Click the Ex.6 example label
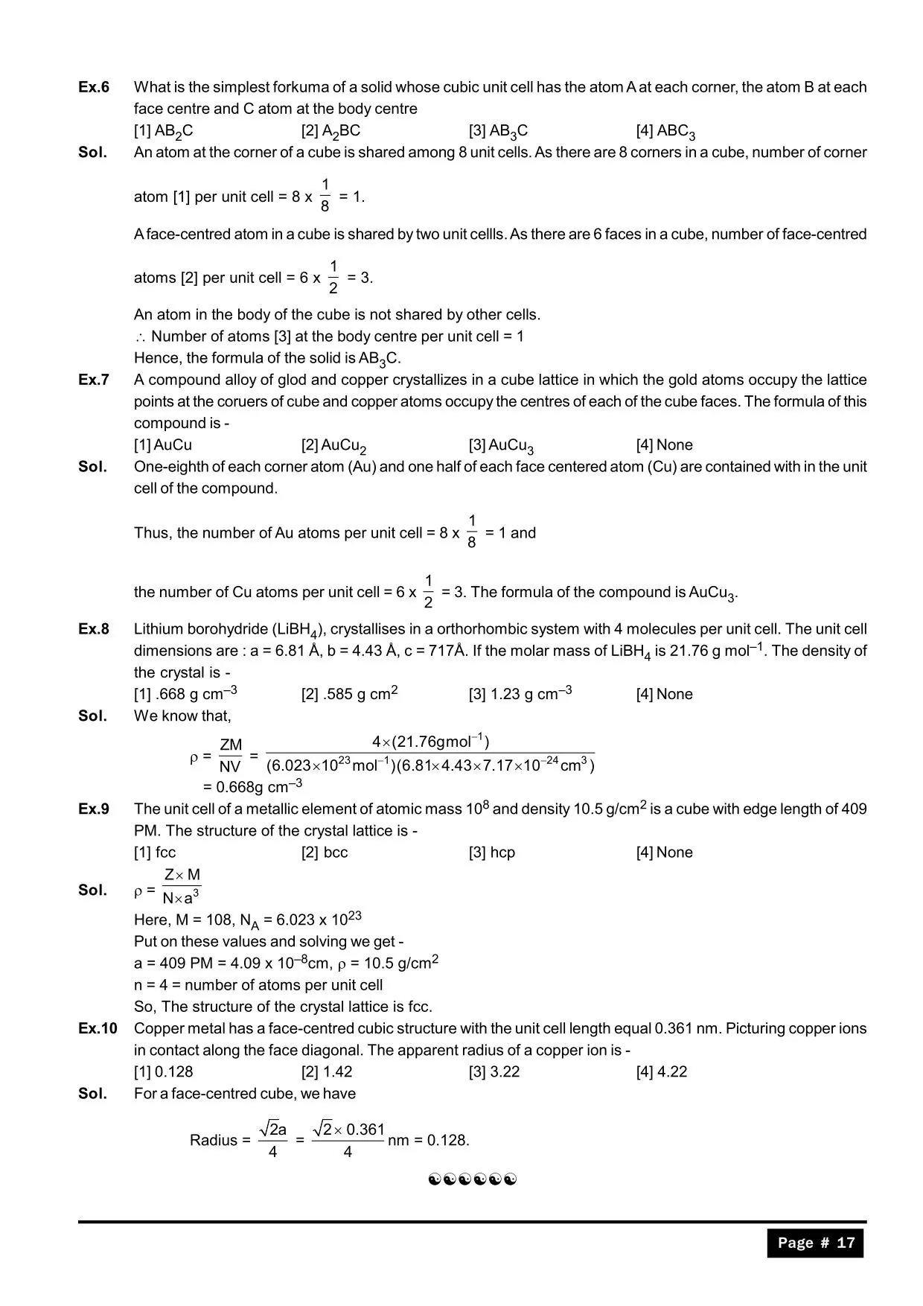[x=94, y=87]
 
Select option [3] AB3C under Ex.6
[x=498, y=132]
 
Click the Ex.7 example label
[x=94, y=380]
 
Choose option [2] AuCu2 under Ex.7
[x=333, y=446]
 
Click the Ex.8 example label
[x=94, y=629]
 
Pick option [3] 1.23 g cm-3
[x=520, y=694]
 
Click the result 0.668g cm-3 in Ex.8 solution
[x=252, y=787]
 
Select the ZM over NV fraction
[x=231, y=755]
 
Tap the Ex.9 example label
[x=94, y=809]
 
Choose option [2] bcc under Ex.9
[x=325, y=853]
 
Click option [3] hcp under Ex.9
[x=491, y=853]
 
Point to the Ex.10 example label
[x=98, y=1029]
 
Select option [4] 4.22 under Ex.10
[x=662, y=1072]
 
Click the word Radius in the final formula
[x=214, y=1140]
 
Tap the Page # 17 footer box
[x=815, y=1243]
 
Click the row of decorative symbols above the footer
[x=473, y=1179]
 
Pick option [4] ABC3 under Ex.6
[x=665, y=132]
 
